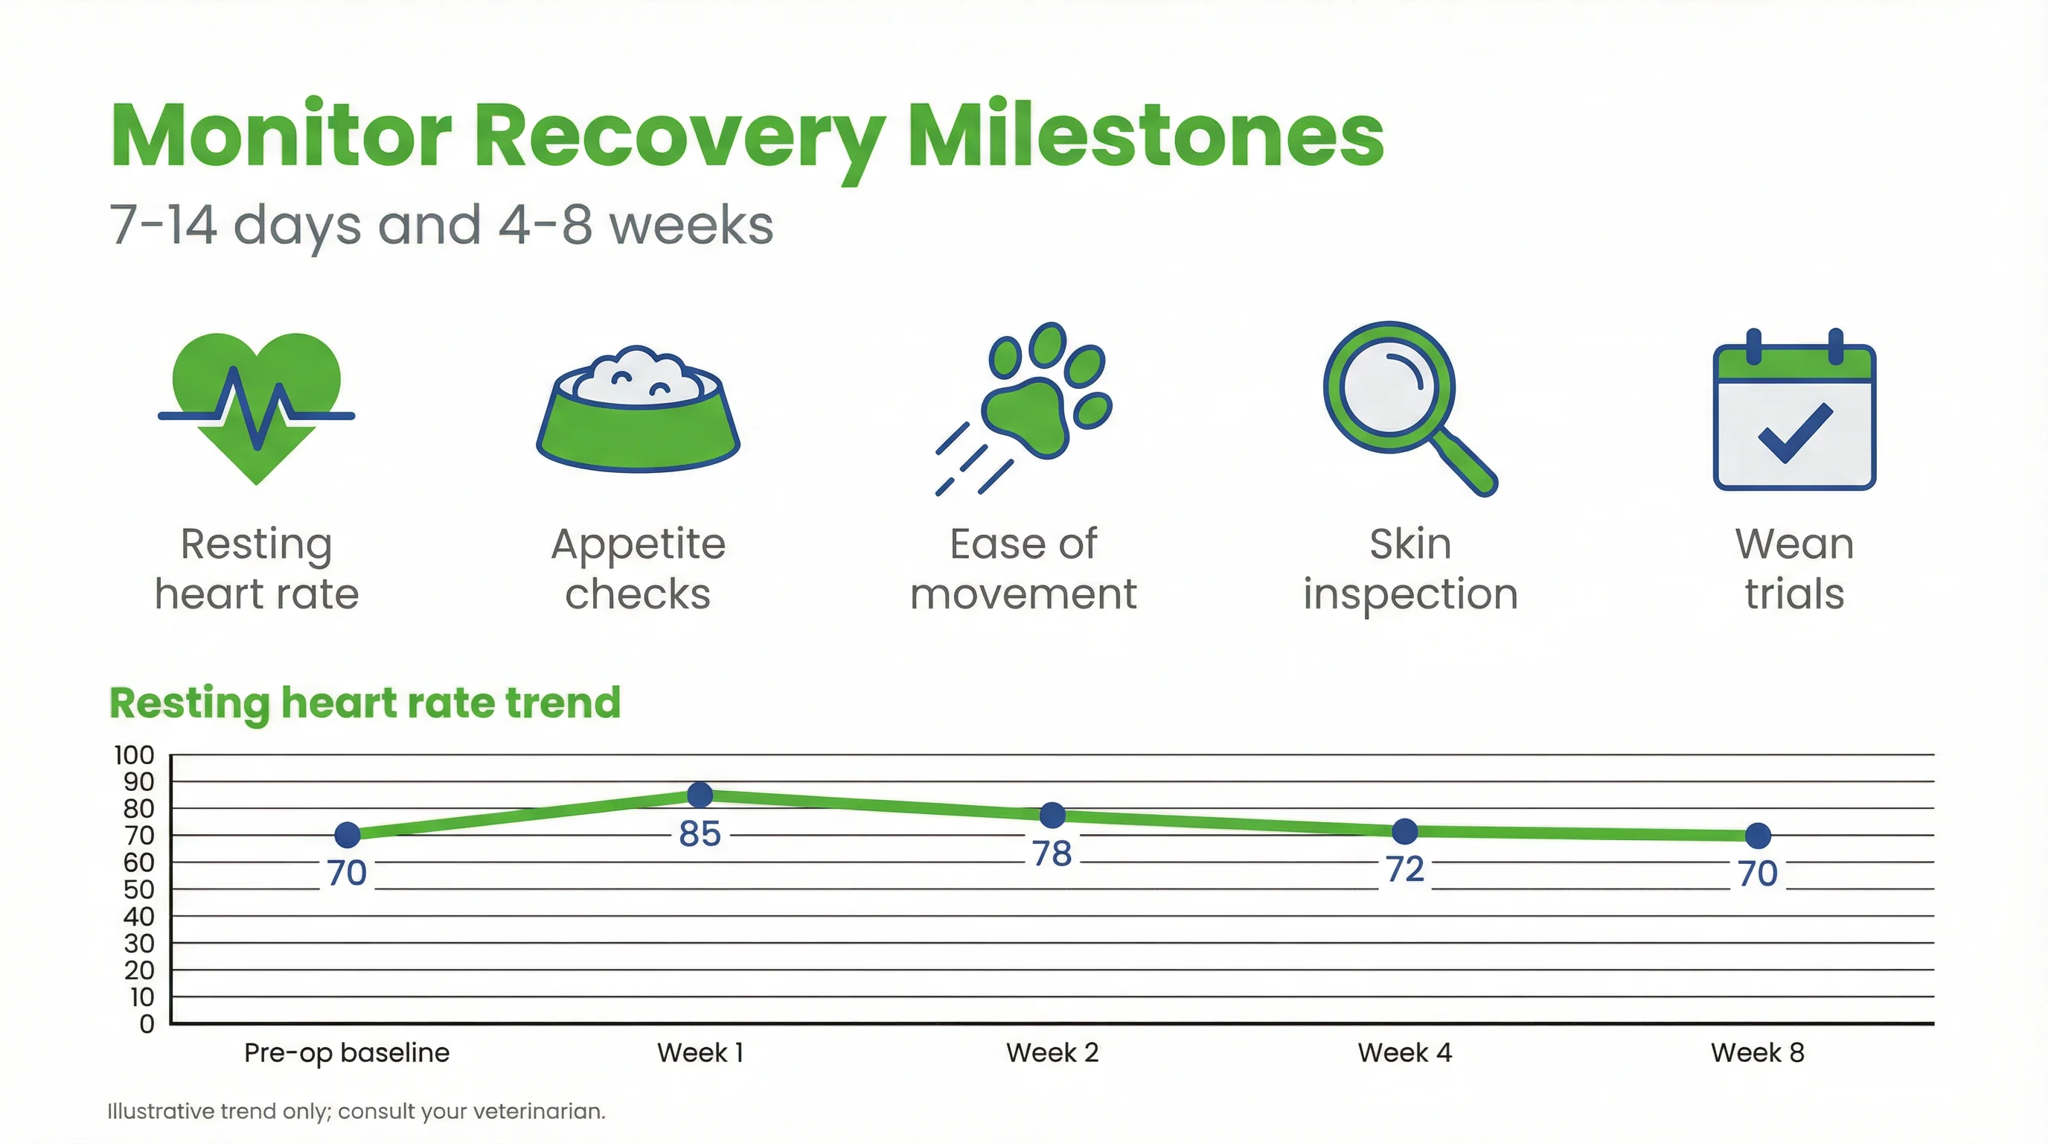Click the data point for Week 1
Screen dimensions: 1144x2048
[x=700, y=794]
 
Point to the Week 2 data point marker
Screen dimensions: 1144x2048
[x=1052, y=815]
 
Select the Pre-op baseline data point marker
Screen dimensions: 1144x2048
[x=348, y=834]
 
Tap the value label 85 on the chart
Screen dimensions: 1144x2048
[x=700, y=833]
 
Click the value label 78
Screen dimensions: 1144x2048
[x=1052, y=854]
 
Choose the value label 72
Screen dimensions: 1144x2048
[x=1405, y=868]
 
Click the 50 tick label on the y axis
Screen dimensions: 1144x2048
[x=138, y=889]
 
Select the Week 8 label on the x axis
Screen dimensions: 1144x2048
[x=1757, y=1052]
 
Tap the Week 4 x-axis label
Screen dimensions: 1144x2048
[x=1405, y=1052]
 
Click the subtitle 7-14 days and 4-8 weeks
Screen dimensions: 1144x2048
[x=441, y=224]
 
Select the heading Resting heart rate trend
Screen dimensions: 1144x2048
[x=364, y=702]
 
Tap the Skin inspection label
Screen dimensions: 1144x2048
[x=1409, y=569]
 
